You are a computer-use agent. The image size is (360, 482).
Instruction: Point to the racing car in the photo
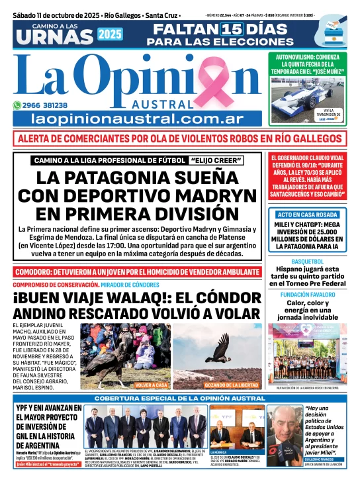[x=305, y=91]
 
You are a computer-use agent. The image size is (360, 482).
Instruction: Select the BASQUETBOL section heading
[x=307, y=261]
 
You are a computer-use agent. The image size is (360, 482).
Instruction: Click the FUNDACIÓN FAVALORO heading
[x=307, y=294]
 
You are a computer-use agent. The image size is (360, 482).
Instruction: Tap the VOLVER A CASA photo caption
[x=151, y=385]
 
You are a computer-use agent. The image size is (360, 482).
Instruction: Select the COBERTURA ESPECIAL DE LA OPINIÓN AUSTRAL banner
[x=180, y=398]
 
